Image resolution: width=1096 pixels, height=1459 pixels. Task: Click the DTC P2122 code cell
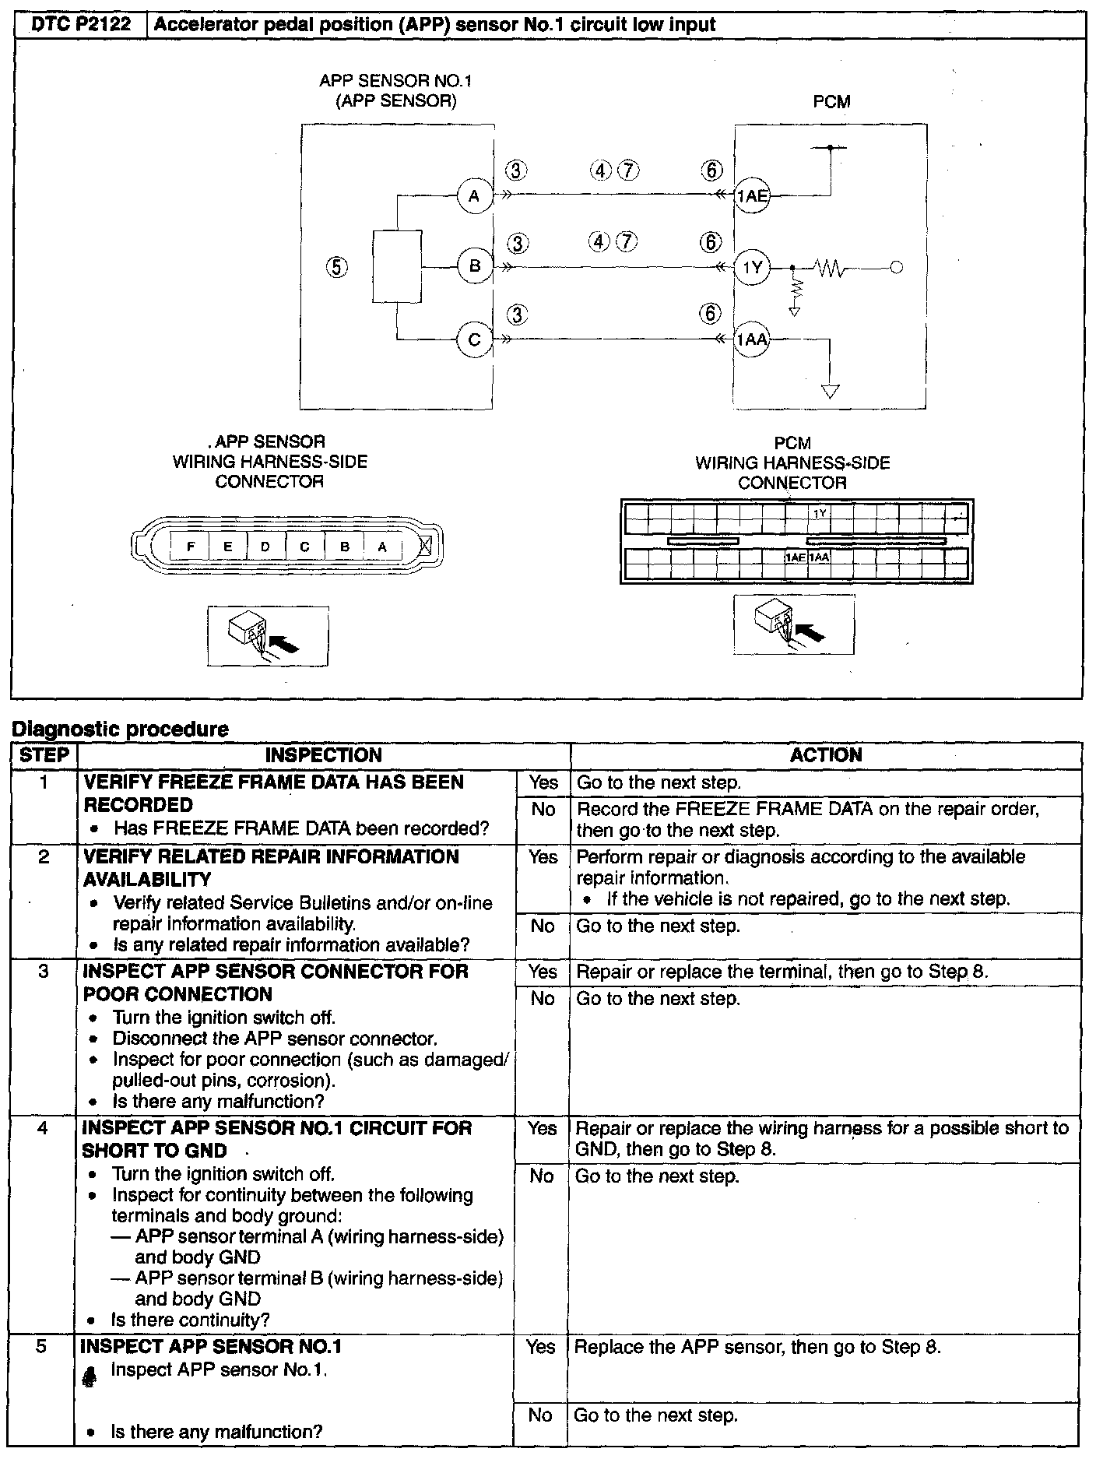80,25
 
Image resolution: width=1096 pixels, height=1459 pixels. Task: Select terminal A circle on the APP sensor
475,195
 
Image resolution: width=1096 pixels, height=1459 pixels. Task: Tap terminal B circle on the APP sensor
475,267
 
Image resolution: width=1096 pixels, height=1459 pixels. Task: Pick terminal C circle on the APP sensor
475,339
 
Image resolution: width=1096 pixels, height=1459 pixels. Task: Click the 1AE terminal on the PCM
752,196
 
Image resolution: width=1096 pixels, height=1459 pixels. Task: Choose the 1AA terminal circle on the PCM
752,339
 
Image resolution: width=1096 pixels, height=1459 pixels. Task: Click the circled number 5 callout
336,267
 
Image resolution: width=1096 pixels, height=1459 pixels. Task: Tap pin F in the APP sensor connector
190,547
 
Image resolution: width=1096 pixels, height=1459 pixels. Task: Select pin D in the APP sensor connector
265,547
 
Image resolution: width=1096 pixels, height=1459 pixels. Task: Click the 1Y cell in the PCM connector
820,514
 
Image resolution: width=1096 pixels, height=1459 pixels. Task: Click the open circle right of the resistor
896,268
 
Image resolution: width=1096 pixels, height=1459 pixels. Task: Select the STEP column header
44,755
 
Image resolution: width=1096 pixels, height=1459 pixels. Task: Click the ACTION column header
826,755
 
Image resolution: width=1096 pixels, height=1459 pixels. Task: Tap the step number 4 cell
44,1128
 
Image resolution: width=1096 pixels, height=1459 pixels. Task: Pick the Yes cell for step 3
543,972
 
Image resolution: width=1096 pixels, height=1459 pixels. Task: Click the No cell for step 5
540,1415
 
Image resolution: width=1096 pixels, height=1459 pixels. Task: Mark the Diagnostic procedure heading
120,729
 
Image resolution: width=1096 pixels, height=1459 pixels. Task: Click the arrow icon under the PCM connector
794,624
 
